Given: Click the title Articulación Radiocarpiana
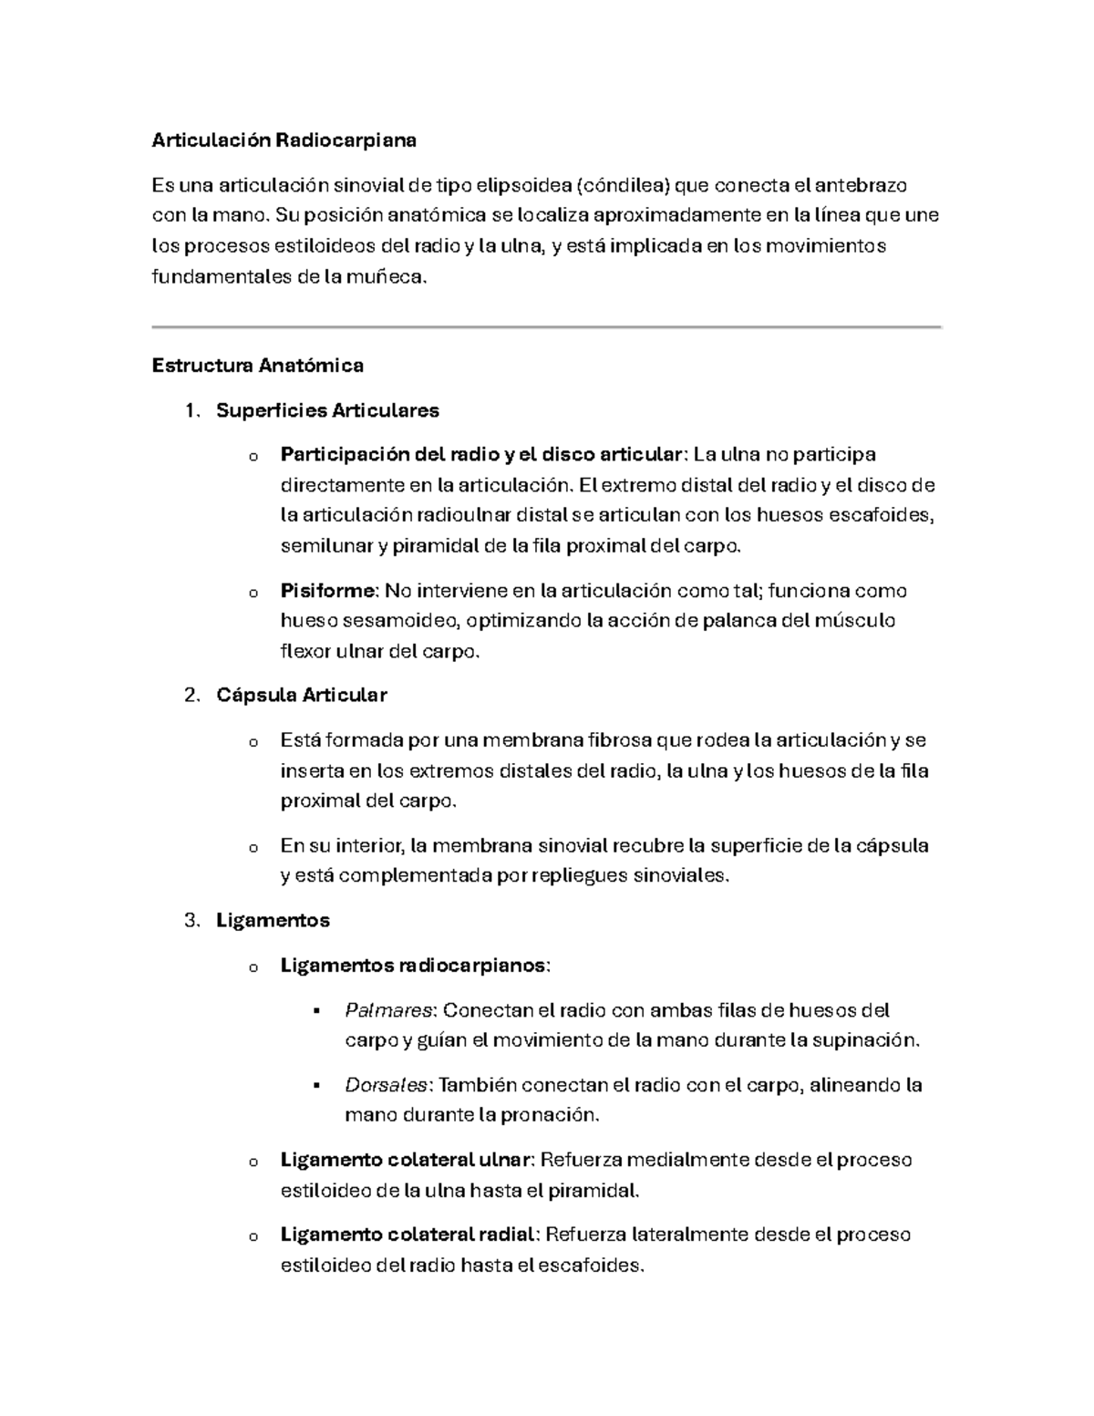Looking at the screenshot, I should coord(284,140).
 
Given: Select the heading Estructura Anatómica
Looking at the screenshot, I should coord(257,366).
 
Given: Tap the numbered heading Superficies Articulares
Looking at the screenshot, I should coord(327,410).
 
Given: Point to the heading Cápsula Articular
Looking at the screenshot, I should coord(301,695).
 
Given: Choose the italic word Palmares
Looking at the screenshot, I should coord(388,1010).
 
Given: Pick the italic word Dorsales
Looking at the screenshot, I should coord(387,1085).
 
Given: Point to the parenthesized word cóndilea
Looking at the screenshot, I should coord(624,186).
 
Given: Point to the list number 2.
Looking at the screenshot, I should coord(191,695).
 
